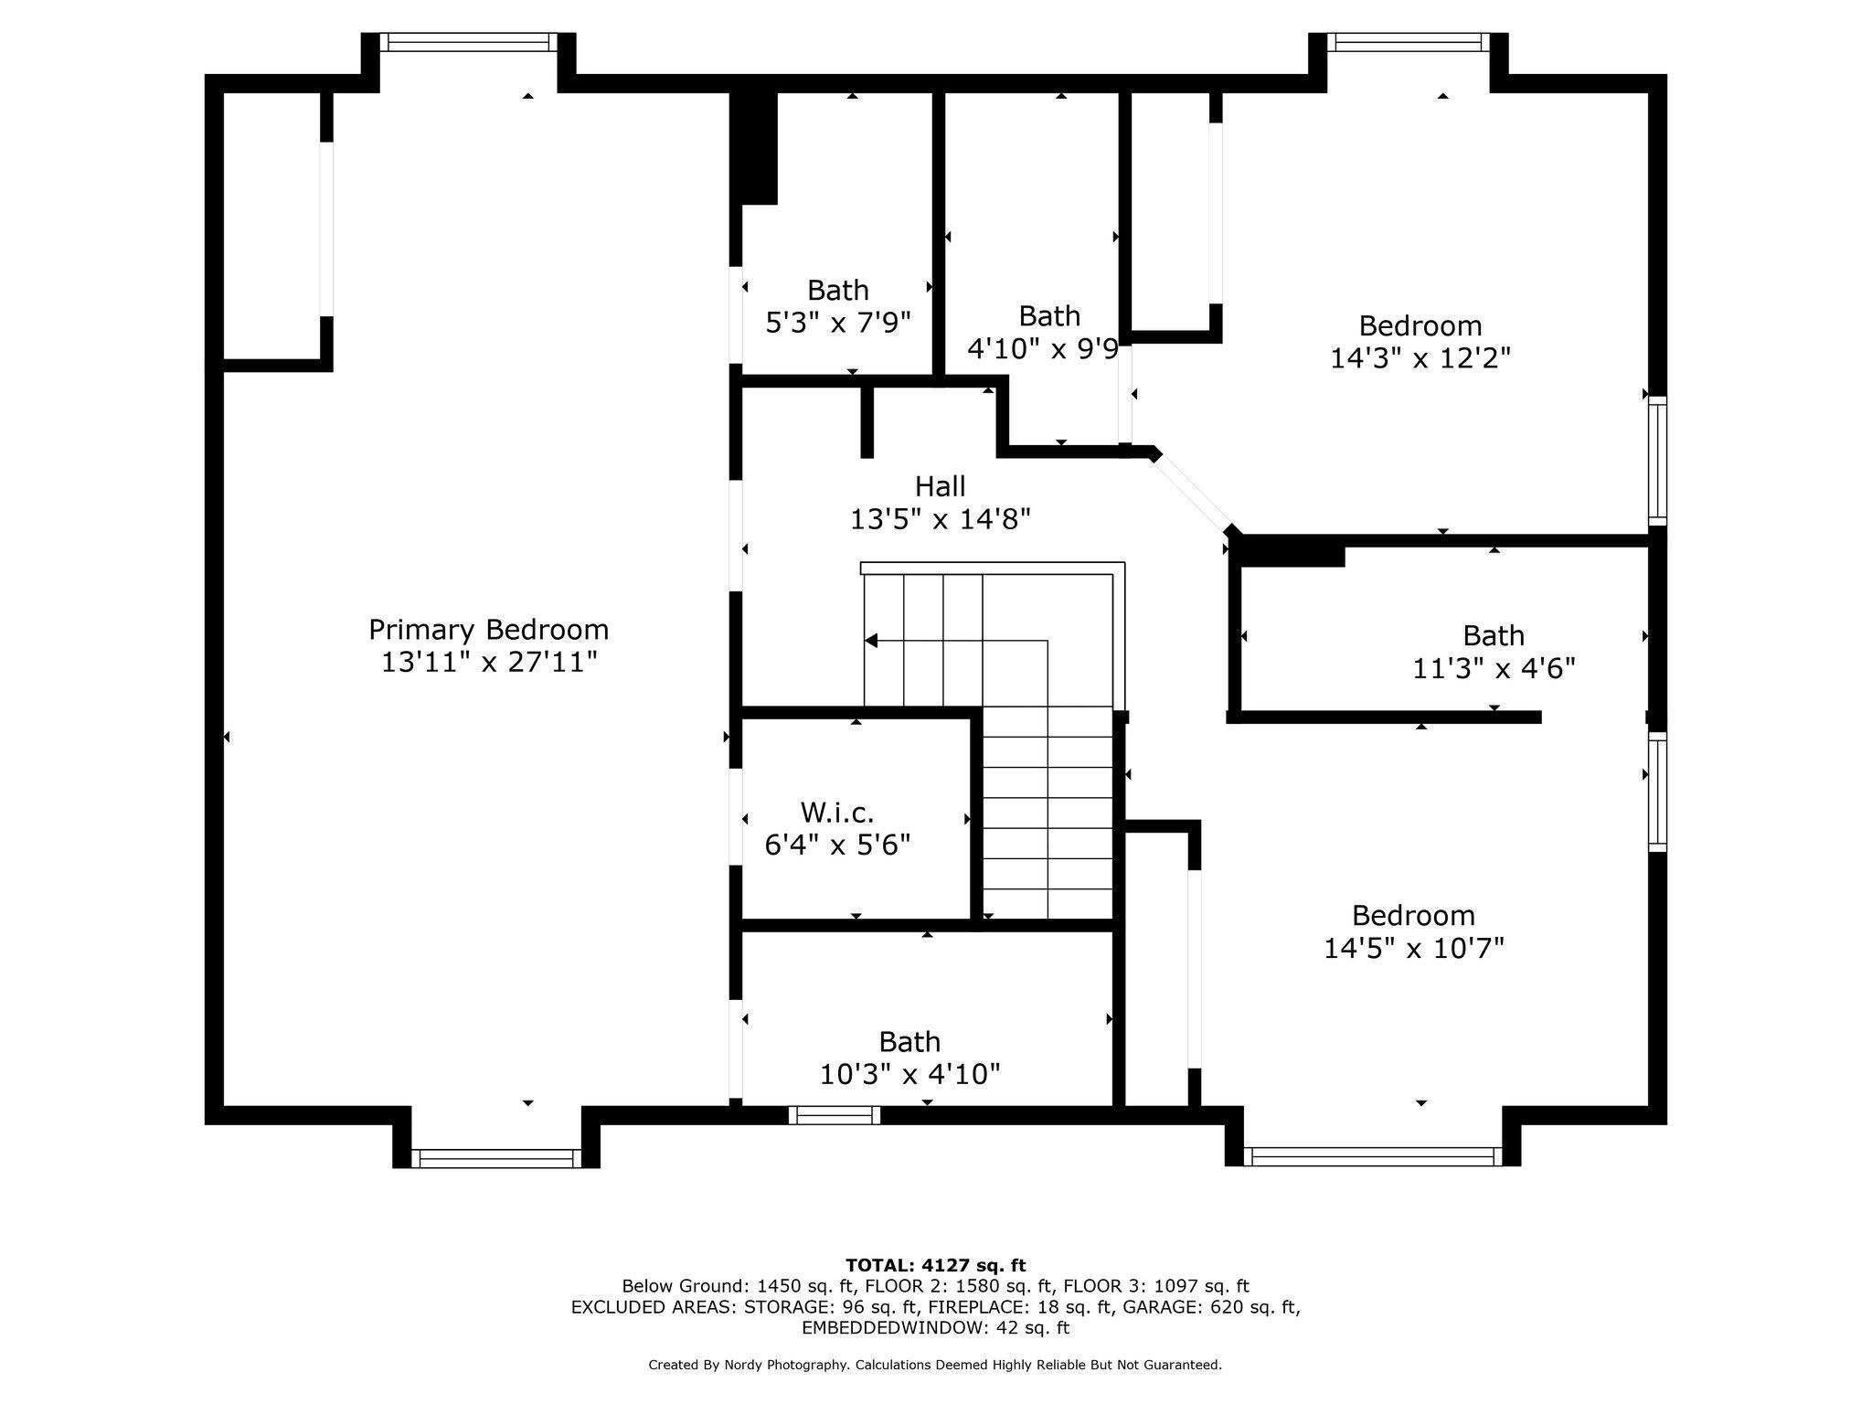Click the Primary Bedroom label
click(488, 630)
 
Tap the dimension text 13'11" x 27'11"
click(489, 662)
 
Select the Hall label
click(940, 486)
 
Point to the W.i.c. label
click(837, 812)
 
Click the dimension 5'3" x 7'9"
click(838, 323)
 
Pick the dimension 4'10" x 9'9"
click(1043, 348)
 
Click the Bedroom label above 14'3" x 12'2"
click(1420, 325)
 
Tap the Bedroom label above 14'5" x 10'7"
click(1413, 915)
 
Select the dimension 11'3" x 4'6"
click(1494, 669)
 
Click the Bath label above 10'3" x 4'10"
click(909, 1042)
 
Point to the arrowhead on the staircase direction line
click(871, 640)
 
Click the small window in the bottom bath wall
click(835, 1115)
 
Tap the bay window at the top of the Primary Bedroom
click(468, 42)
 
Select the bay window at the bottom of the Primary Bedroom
click(496, 1158)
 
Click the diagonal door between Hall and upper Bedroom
click(1193, 494)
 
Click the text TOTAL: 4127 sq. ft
click(935, 1266)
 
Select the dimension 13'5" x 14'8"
click(940, 519)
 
